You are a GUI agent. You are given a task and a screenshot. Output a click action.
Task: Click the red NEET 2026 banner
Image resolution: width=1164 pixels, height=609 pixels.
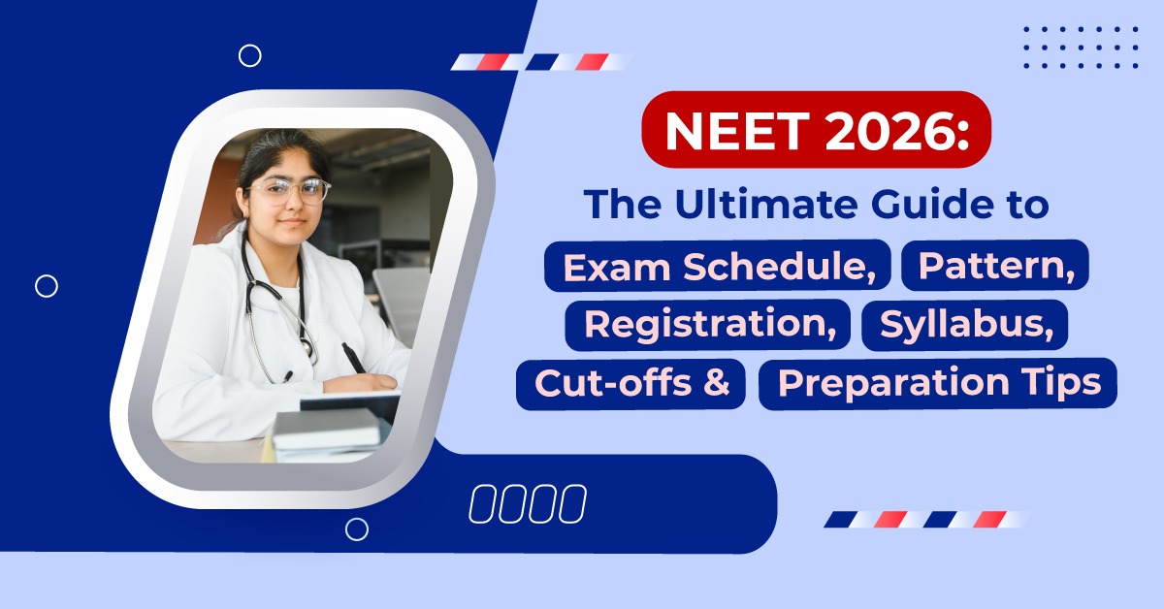tap(816, 130)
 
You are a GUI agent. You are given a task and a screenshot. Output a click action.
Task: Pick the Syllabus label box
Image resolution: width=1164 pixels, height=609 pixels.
tap(964, 325)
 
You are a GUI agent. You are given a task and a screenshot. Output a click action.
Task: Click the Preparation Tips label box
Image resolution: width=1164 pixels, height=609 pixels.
tap(938, 384)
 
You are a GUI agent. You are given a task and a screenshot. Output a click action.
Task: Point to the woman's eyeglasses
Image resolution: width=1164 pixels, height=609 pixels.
tap(288, 189)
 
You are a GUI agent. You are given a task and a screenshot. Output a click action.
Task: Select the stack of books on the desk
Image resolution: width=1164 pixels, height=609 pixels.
tap(325, 432)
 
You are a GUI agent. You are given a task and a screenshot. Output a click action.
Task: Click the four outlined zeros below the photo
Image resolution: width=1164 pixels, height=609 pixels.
tap(527, 504)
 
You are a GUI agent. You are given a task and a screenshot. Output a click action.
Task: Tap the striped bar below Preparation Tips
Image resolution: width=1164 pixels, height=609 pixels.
tap(926, 519)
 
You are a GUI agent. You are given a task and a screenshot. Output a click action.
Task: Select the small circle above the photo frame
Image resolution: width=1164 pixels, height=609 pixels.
tap(250, 55)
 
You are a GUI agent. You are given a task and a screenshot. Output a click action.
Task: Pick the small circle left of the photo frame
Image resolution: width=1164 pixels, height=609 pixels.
tap(47, 285)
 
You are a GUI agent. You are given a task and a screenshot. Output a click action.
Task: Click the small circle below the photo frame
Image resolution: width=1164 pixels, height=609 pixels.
tap(357, 529)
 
